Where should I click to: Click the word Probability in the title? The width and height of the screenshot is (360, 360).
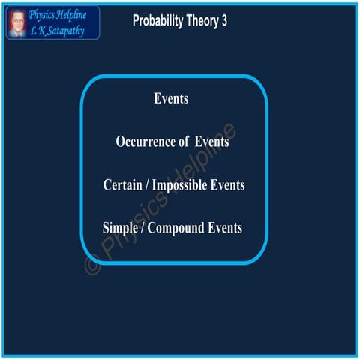click(x=158, y=21)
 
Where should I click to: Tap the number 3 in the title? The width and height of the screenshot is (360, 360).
click(x=223, y=21)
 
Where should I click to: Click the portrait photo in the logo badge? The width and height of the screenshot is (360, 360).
click(x=16, y=23)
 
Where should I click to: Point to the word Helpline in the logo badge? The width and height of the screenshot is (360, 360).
click(x=75, y=15)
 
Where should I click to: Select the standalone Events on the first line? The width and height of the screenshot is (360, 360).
click(x=171, y=98)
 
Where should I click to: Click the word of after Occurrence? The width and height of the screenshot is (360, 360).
click(x=182, y=142)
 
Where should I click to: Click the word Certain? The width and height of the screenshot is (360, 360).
click(x=123, y=185)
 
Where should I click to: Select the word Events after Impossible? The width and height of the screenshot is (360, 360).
click(x=229, y=185)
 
